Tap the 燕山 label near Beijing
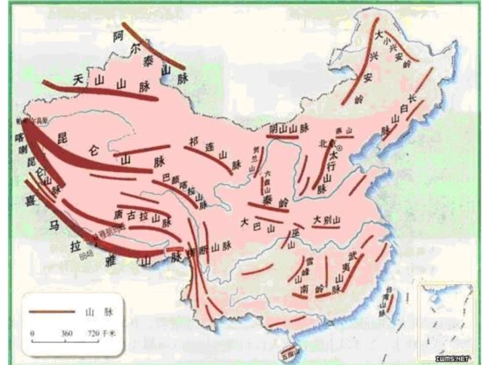[x=342, y=132]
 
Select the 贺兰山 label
[x=255, y=160]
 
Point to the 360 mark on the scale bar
[x=67, y=333]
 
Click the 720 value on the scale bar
[x=93, y=333]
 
